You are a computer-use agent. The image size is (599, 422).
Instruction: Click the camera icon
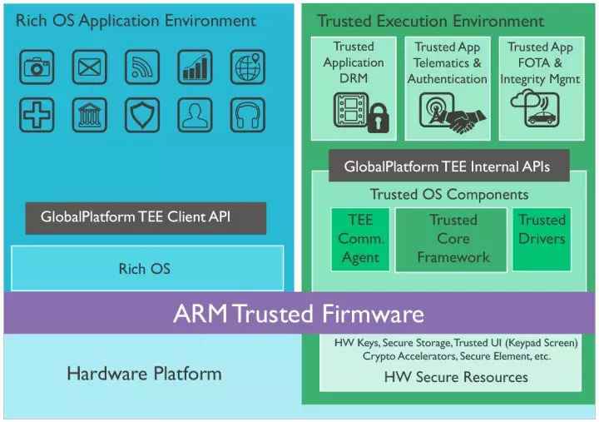point(37,67)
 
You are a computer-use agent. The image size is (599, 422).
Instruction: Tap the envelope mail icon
point(89,67)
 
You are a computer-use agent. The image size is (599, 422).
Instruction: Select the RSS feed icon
point(142,67)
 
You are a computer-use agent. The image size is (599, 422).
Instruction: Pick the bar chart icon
point(195,67)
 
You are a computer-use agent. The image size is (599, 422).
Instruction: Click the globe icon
point(247,67)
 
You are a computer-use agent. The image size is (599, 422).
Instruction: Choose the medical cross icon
point(37,115)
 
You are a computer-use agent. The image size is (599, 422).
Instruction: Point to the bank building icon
point(89,115)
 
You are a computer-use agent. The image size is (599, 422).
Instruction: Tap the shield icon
point(142,115)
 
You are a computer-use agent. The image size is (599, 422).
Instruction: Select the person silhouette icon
point(195,115)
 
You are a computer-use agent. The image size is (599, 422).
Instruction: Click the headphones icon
point(247,115)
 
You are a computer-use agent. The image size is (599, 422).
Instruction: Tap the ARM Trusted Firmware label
point(299,314)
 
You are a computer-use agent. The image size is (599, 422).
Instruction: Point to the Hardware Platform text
point(144,373)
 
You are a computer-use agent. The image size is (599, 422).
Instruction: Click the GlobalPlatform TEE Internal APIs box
point(447,166)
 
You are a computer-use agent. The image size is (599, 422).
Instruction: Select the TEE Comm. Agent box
point(359,239)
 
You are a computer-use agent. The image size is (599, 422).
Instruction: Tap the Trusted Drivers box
point(542,239)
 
